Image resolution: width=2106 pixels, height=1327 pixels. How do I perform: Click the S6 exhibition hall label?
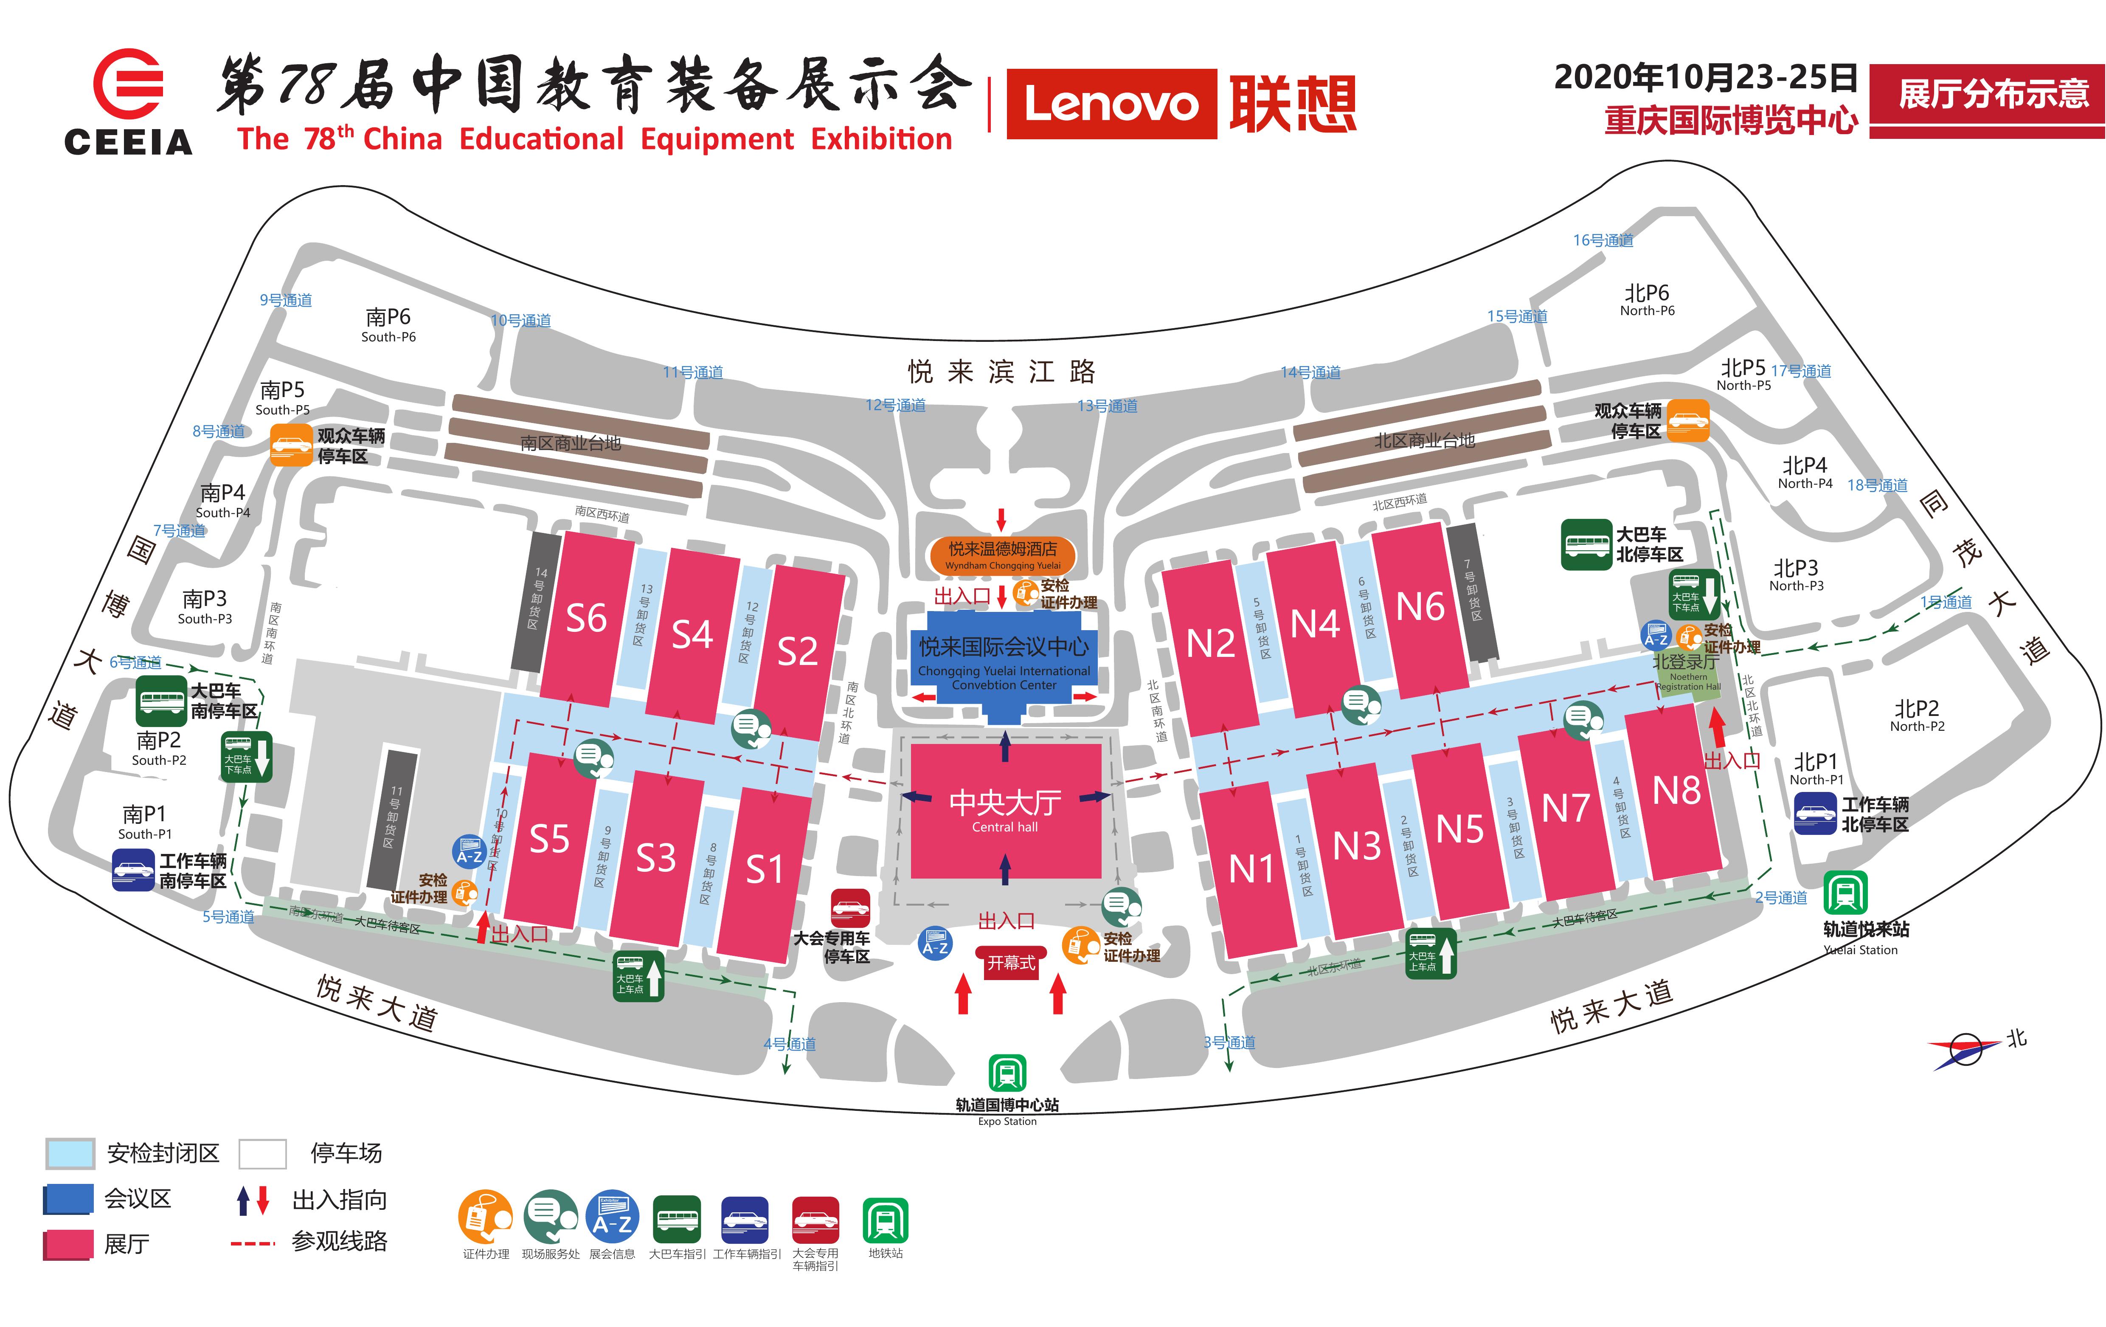click(x=586, y=618)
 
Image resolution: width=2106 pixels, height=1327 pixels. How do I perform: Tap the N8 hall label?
click(x=1676, y=791)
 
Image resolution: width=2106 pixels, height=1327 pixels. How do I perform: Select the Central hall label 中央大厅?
click(x=1005, y=802)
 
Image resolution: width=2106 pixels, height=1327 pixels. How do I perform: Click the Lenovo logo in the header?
click(x=1111, y=104)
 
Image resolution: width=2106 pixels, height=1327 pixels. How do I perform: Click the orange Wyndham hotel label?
click(x=1002, y=554)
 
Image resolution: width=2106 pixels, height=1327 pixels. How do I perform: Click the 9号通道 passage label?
click(x=286, y=300)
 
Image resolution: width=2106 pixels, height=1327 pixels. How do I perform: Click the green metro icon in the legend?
click(x=885, y=1220)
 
